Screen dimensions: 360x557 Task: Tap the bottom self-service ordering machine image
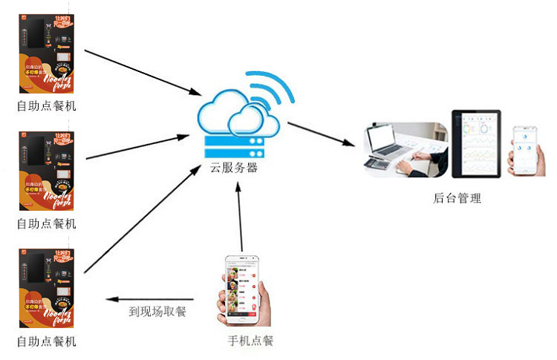[x=46, y=288]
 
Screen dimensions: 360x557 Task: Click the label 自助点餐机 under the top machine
[x=46, y=106]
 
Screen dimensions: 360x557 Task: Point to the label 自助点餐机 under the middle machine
[x=46, y=223]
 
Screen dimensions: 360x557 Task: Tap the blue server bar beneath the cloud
[x=235, y=143]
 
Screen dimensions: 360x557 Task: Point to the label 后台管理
[x=457, y=198]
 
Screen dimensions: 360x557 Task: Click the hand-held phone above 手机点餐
[x=243, y=290]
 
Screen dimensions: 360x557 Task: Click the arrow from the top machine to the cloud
[x=141, y=72]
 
